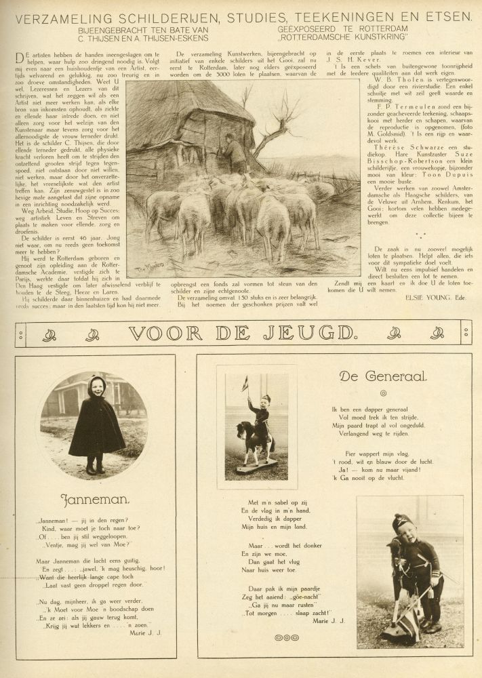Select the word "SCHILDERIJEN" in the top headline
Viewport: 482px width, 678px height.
tap(176, 15)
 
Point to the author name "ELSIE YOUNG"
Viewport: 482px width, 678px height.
tap(411, 296)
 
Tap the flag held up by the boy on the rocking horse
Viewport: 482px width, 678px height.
tap(245, 383)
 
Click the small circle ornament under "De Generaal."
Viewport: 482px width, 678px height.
tap(383, 393)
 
